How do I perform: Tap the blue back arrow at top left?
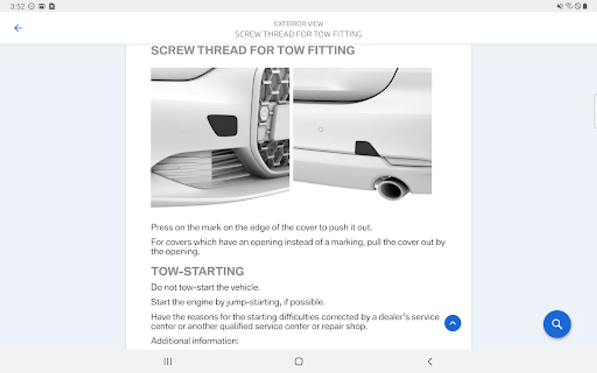[18, 28]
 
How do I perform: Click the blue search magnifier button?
[557, 324]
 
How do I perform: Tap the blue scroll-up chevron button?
[453, 323]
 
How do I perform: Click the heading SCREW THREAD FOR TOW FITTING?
[252, 51]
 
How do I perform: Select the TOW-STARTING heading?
[197, 271]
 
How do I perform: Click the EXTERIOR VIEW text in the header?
[298, 24]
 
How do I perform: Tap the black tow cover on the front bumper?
[223, 125]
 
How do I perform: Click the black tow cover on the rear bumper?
[366, 148]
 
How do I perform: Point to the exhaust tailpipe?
[391, 188]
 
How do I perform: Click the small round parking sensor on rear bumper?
[320, 129]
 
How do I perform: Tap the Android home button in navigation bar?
[299, 361]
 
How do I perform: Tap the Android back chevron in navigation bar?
[430, 361]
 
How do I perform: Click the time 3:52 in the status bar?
[17, 6]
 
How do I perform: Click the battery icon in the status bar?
[585, 6]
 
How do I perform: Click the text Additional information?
[194, 341]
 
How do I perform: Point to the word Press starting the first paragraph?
[162, 227]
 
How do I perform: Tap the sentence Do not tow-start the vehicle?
[205, 287]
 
